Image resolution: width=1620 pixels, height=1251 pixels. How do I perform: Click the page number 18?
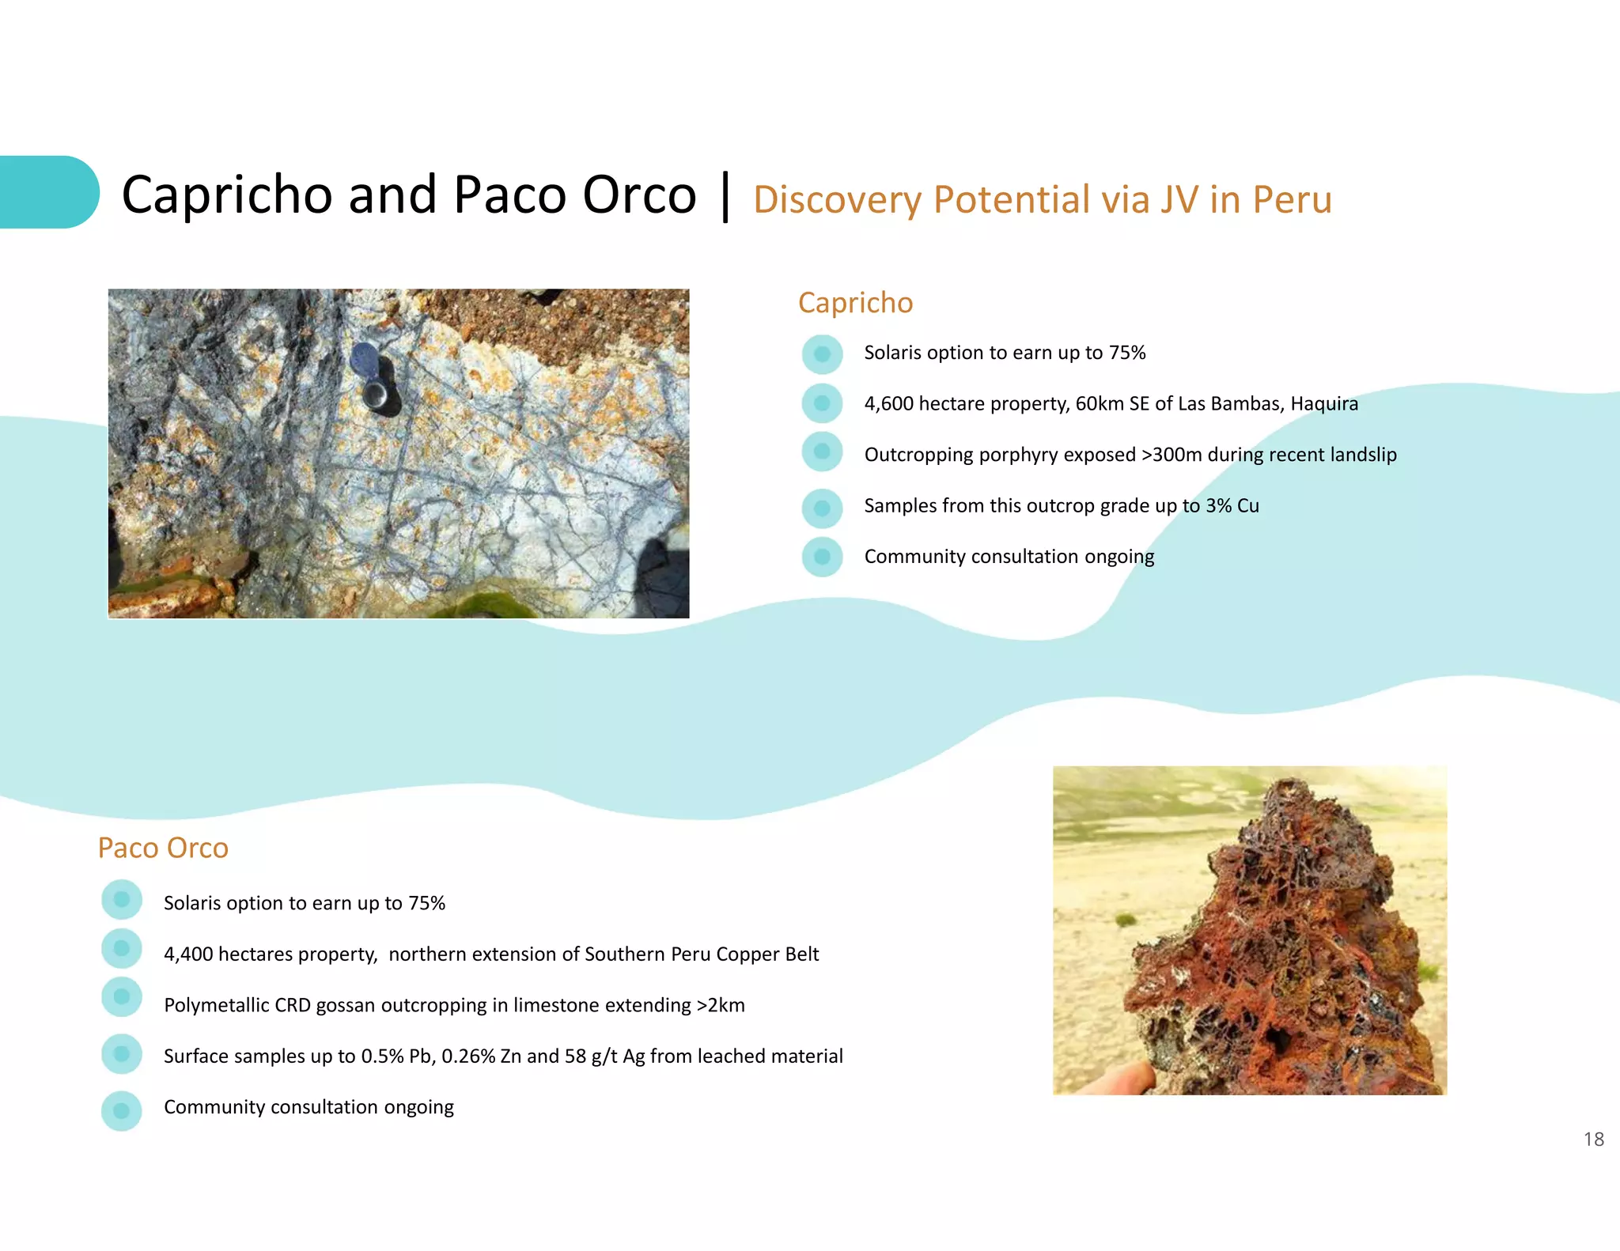(1593, 1139)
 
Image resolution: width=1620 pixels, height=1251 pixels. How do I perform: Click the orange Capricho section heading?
(855, 303)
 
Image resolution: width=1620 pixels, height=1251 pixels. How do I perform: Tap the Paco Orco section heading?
(163, 848)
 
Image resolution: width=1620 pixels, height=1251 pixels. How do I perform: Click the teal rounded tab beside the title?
(47, 192)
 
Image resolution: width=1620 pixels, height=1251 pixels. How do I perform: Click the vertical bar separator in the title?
(725, 196)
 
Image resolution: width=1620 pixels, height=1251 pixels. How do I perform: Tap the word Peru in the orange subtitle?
(1293, 200)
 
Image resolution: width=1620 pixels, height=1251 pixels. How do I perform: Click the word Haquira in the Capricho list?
(1324, 404)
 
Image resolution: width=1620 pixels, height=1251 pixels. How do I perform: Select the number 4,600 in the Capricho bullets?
(888, 404)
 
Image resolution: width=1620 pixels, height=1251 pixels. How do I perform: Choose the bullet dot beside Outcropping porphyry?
(822, 452)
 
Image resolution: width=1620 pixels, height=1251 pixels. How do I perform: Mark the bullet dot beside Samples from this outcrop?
(822, 508)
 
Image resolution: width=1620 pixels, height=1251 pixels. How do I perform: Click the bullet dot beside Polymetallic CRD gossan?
(122, 996)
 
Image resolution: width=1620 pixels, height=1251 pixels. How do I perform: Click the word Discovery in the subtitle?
(837, 200)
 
